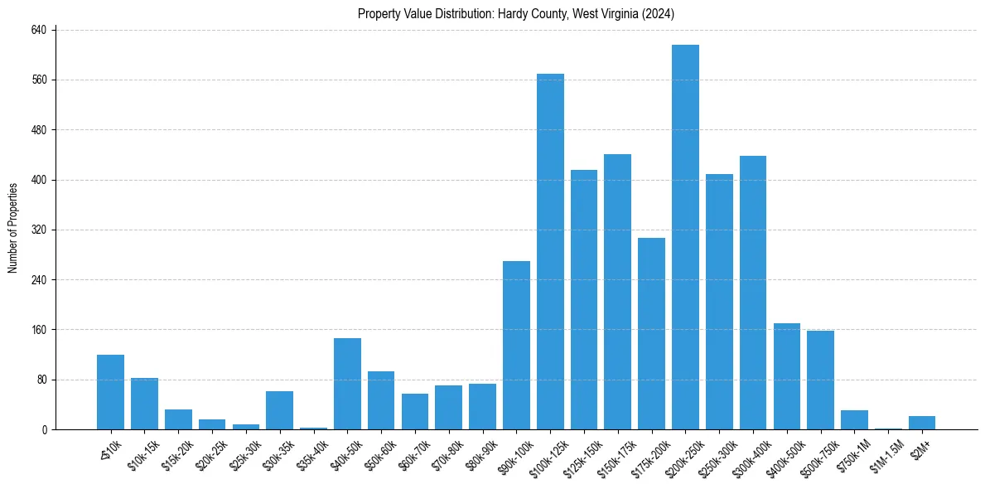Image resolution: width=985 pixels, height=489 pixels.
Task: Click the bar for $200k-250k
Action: pos(685,237)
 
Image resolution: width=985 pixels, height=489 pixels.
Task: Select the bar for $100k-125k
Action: pos(550,252)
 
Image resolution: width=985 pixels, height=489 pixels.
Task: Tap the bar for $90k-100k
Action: pos(516,345)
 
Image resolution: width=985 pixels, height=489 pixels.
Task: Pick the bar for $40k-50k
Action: pos(347,384)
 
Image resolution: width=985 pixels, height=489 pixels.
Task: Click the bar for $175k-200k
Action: pos(651,333)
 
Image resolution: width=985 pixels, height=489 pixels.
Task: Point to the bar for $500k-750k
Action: pos(820,380)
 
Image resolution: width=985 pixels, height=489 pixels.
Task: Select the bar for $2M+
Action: pos(922,423)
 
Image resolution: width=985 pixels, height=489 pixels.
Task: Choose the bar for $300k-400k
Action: pos(753,293)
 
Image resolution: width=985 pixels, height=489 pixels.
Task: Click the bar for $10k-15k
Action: pos(144,404)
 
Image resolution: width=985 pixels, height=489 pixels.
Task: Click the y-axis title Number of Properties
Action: pos(13,228)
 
